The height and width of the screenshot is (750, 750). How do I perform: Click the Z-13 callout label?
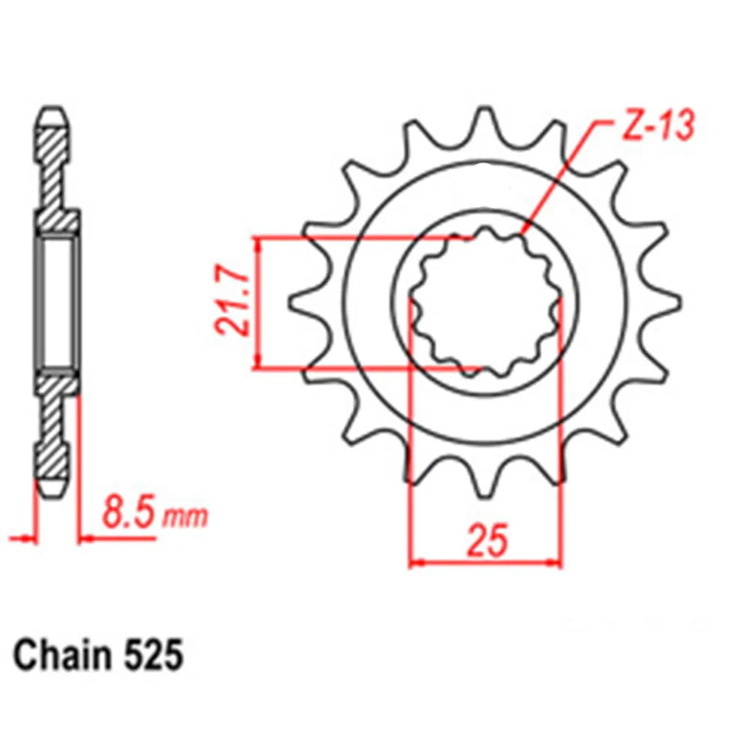(x=657, y=126)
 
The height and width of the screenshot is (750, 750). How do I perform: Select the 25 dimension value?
(x=487, y=541)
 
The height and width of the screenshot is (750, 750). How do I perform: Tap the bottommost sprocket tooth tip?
(x=485, y=496)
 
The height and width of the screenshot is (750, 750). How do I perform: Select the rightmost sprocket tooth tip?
(x=679, y=302)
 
